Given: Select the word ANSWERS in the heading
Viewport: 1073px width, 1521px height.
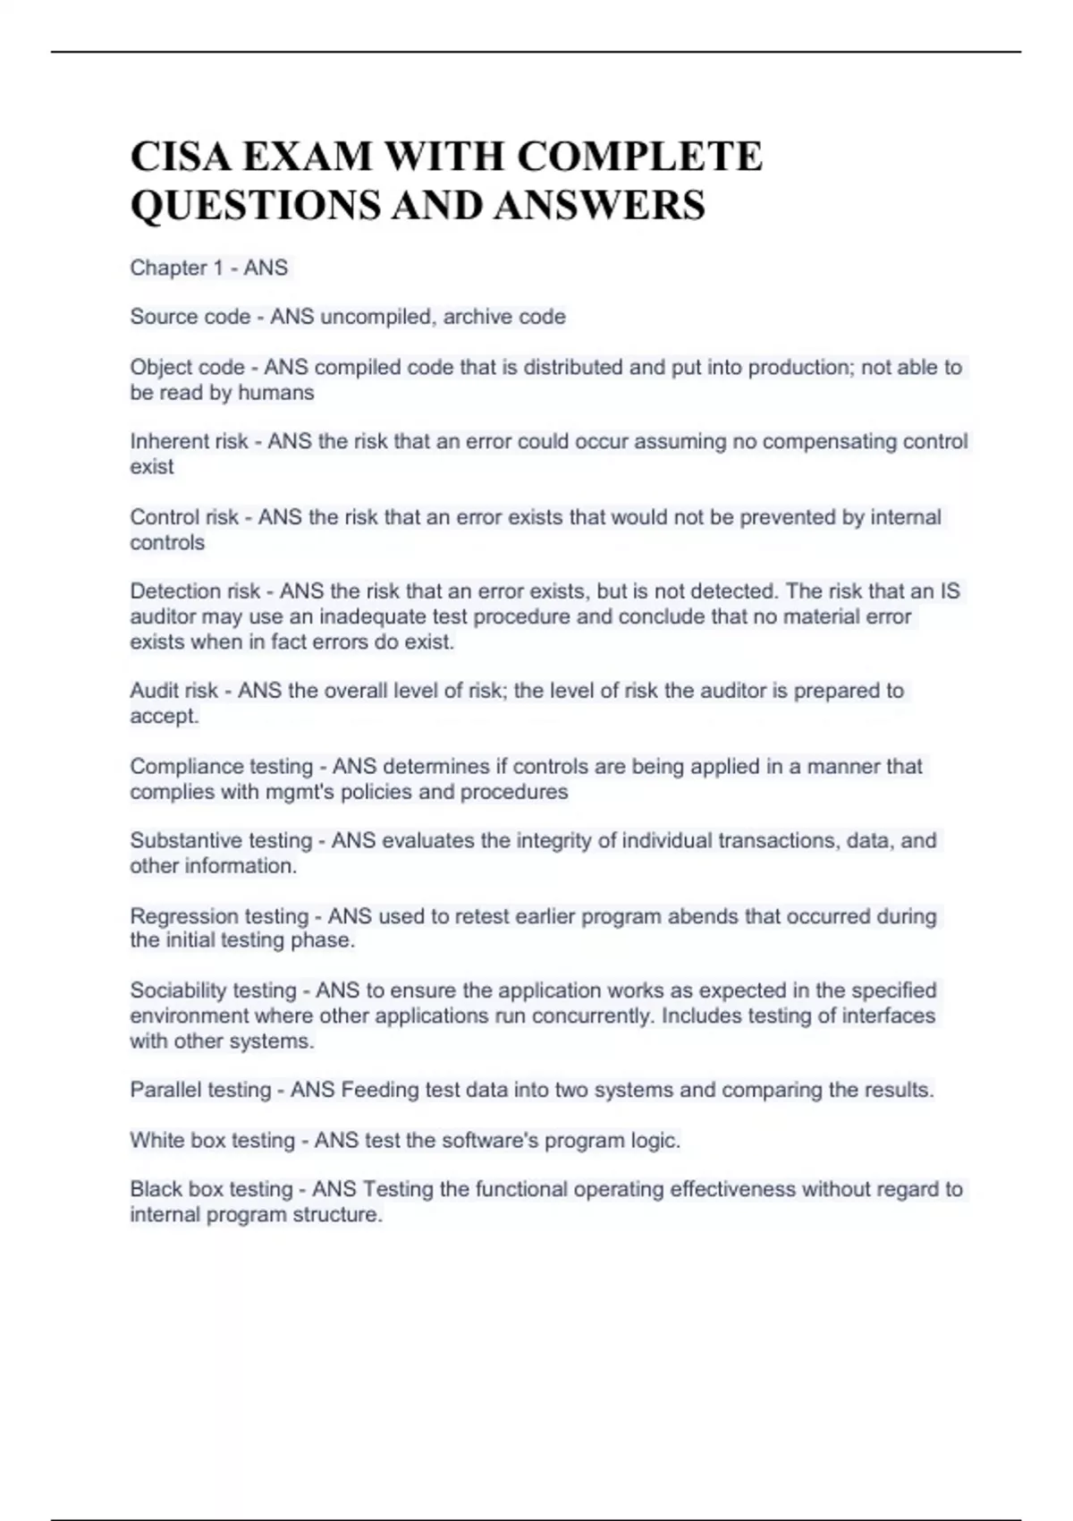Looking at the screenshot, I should (x=599, y=205).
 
